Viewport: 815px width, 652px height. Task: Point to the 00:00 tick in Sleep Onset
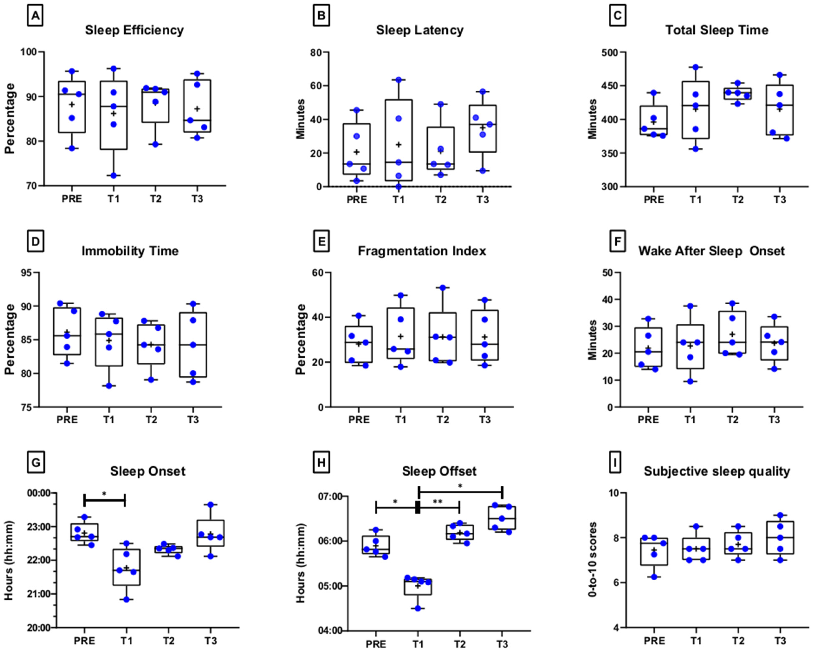[x=39, y=493]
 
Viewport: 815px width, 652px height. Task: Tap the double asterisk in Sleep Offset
[x=438, y=502]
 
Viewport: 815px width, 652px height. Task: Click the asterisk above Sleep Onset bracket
[x=104, y=494]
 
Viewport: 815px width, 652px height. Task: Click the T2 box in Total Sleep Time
[x=738, y=94]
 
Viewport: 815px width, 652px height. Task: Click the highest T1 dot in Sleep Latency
[x=398, y=80]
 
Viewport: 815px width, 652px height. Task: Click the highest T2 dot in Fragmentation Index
[x=443, y=288]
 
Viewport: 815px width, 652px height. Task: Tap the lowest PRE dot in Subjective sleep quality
[x=654, y=577]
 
